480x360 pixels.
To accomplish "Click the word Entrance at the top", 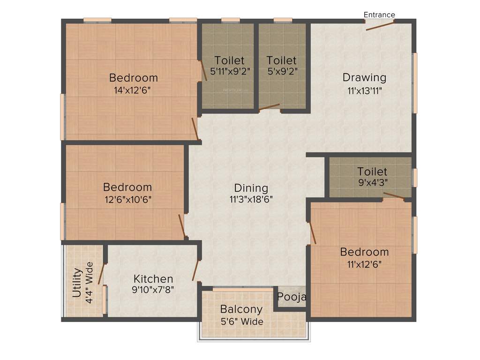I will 379,15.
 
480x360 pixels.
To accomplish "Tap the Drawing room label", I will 364,77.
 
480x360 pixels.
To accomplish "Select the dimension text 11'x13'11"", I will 365,91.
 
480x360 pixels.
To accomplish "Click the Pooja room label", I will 292,297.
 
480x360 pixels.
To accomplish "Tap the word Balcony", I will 241,309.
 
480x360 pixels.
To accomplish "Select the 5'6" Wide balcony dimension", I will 241,322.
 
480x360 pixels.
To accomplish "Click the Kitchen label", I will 153,279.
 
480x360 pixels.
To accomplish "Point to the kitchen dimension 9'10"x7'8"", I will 153,290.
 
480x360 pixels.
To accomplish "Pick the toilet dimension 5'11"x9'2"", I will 229,71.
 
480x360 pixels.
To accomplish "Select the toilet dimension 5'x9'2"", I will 282,71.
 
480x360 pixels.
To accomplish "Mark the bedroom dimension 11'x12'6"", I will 364,263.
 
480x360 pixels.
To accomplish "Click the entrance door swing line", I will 380,25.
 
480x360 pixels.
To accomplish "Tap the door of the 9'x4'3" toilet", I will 393,195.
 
